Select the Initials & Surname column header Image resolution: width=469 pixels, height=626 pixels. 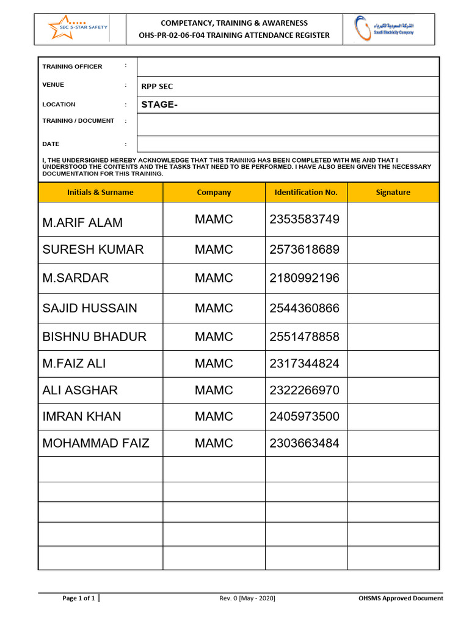(100, 192)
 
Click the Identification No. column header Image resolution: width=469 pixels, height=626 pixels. (306, 192)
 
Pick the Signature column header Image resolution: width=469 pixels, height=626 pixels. (393, 192)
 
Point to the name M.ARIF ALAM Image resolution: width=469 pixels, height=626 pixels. (82, 223)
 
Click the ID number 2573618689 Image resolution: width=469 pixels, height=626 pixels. (304, 249)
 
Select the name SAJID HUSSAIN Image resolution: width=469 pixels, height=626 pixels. (90, 308)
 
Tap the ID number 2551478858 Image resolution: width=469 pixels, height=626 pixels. (304, 337)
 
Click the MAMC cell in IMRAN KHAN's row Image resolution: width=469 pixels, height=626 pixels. (214, 416)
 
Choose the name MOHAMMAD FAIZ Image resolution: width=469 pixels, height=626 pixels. (96, 443)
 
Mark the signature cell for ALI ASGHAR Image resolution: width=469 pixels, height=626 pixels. (393, 390)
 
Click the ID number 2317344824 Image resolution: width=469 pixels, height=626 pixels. (304, 364)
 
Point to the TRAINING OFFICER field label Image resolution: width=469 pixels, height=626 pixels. (72, 67)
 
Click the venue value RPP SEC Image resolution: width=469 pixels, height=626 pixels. (157, 87)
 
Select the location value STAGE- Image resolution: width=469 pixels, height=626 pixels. (159, 105)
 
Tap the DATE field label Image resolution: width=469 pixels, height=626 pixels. (51, 144)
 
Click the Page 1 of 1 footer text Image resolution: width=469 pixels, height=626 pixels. (79, 598)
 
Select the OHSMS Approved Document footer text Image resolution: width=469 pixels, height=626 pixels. (401, 598)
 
